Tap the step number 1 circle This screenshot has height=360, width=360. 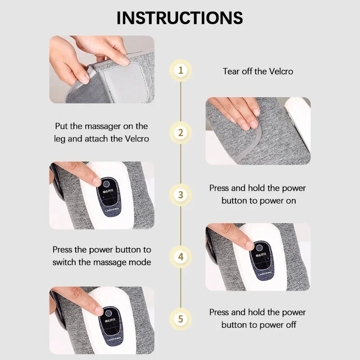coord(180,70)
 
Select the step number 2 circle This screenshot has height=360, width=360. coord(180,133)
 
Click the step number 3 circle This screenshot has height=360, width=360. coord(180,195)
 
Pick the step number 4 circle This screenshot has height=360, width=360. coord(180,257)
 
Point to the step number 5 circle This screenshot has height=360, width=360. coord(180,319)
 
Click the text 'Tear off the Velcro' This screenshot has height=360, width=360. coord(258,71)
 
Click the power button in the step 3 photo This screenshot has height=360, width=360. coord(105,184)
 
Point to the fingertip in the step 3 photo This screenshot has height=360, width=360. coord(95,181)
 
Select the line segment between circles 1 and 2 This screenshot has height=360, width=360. coord(180,101)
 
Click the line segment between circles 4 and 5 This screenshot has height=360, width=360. coord(180,288)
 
